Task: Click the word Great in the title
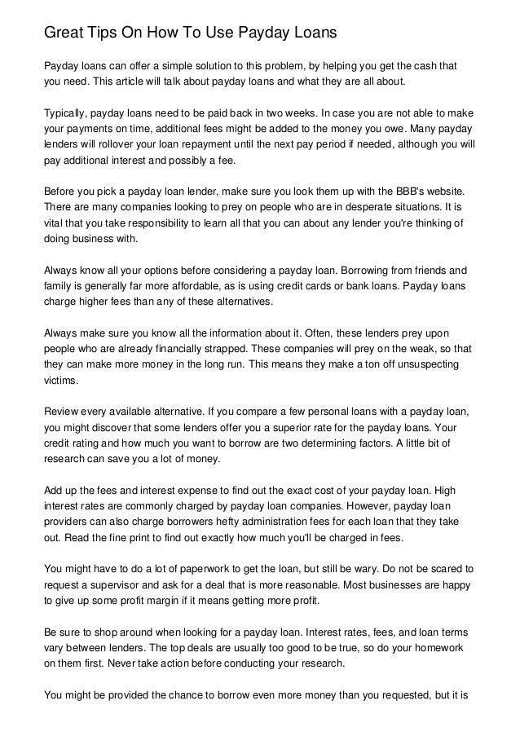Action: pyautogui.click(x=65, y=33)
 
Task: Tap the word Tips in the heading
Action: pyautogui.click(x=108, y=33)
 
